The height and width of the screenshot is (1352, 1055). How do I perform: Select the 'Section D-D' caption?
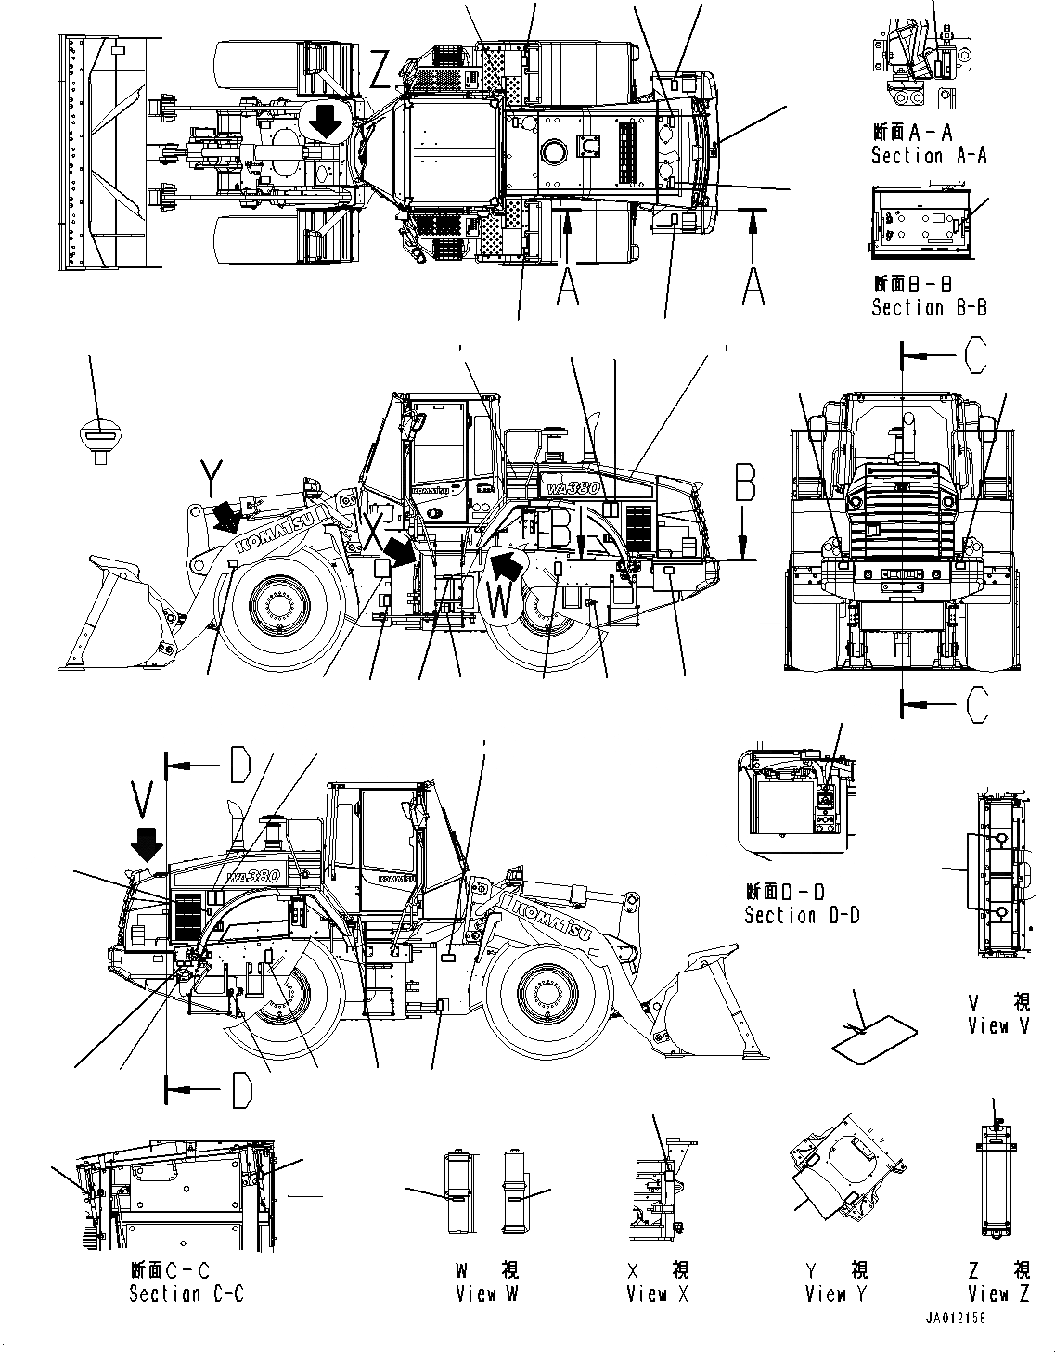[x=801, y=916]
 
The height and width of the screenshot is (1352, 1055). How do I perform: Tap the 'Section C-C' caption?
[x=186, y=1294]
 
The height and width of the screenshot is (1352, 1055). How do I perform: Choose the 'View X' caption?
[x=657, y=1294]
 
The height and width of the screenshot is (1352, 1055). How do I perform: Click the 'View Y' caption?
[x=835, y=1294]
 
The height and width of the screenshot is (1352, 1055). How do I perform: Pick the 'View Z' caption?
[x=998, y=1294]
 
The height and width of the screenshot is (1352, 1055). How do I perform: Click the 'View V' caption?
[x=998, y=1025]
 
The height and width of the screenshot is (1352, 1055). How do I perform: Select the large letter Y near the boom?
[x=212, y=480]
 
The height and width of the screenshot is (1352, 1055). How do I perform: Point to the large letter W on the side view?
[x=498, y=601]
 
